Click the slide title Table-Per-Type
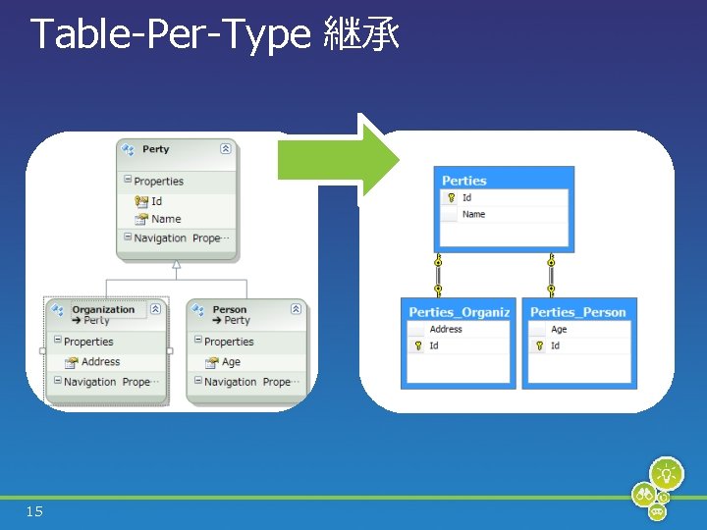click(x=169, y=35)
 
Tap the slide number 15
click(x=35, y=511)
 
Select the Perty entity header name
click(x=155, y=149)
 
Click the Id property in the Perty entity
click(x=156, y=201)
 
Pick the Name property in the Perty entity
click(x=166, y=219)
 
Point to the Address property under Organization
click(x=100, y=362)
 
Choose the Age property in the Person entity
click(x=231, y=362)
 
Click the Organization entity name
click(x=103, y=310)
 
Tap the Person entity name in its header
click(x=230, y=310)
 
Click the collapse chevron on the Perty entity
click(x=225, y=149)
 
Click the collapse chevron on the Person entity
click(x=296, y=309)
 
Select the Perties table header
click(x=464, y=181)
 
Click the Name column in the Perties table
click(x=473, y=214)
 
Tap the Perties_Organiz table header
click(x=460, y=312)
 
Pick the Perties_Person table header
click(x=577, y=312)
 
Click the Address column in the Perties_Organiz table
click(x=446, y=330)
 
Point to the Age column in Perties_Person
click(x=559, y=330)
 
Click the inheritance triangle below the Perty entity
click(x=177, y=264)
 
